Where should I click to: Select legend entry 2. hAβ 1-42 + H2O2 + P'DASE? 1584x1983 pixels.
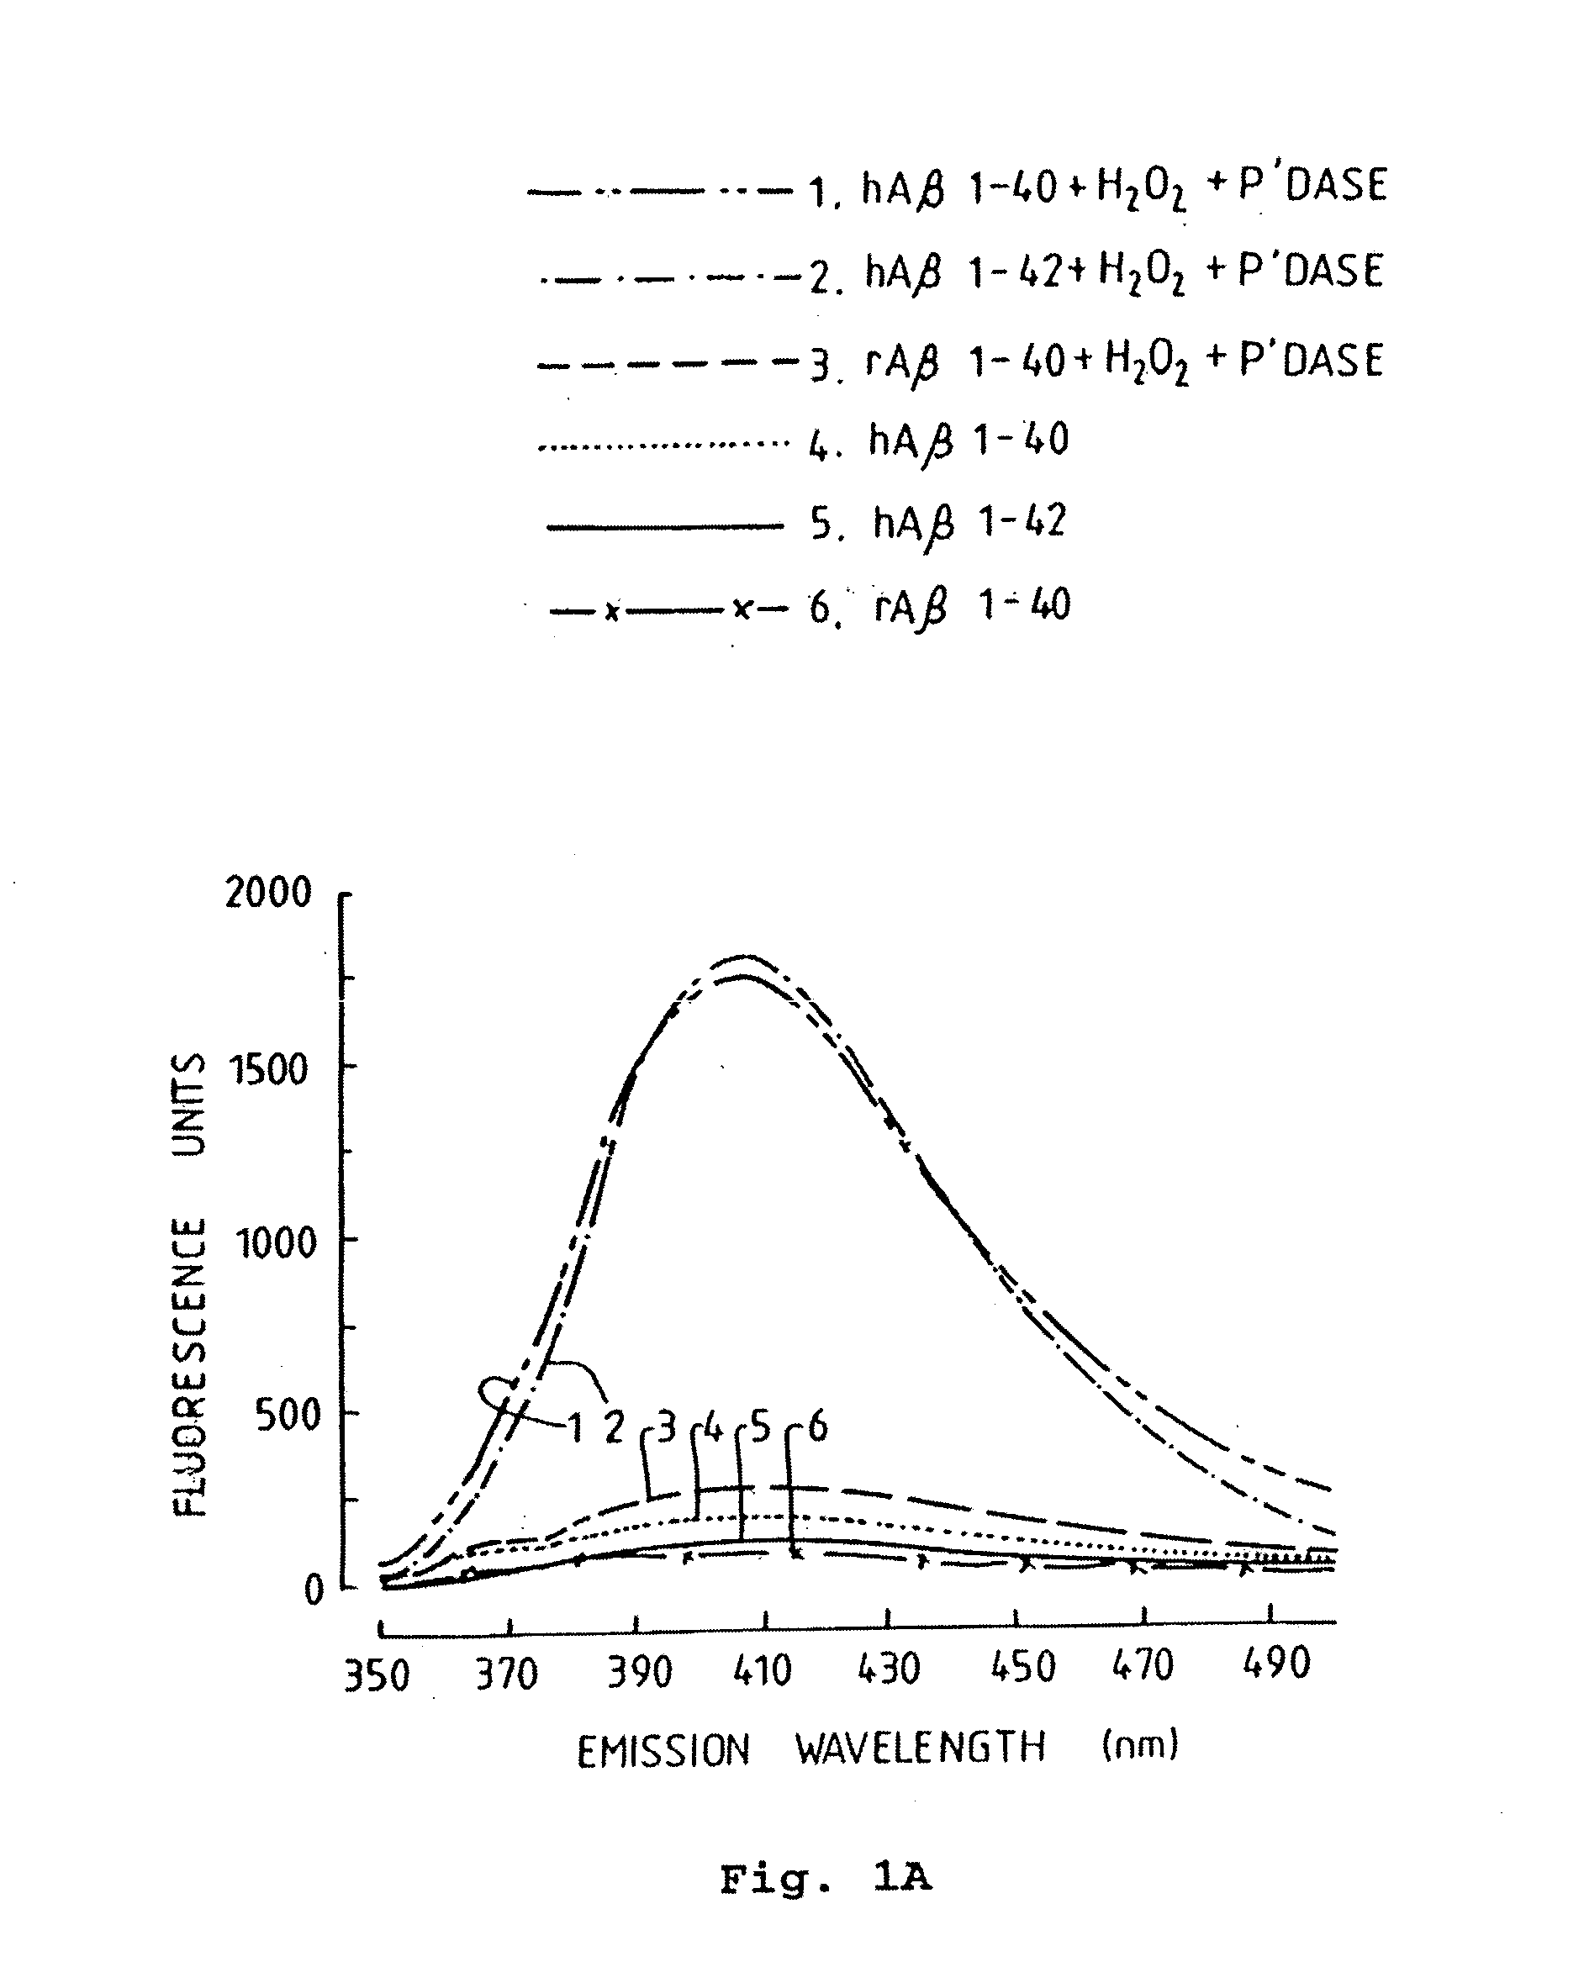(x=1095, y=273)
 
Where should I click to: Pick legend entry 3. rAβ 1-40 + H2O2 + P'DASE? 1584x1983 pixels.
(x=1095, y=361)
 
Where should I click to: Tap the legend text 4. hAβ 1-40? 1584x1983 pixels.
(x=938, y=441)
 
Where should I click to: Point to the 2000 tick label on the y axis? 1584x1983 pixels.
(x=267, y=893)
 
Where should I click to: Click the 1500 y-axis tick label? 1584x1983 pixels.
(x=268, y=1070)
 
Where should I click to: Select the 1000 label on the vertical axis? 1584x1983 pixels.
(x=275, y=1243)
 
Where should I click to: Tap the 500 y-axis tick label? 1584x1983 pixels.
(x=287, y=1416)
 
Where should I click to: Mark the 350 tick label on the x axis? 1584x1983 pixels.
(x=376, y=1677)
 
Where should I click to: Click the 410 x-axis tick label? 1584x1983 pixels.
(x=763, y=1671)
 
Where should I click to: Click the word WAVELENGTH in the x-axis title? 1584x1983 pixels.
(x=921, y=1748)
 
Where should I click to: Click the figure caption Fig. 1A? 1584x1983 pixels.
(x=825, y=1879)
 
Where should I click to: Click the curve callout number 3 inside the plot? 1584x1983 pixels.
(x=666, y=1427)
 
